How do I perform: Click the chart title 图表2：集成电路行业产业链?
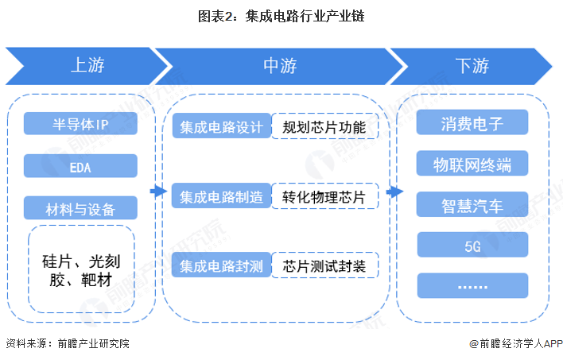282,16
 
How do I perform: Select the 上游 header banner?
83,66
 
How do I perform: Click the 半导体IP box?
80,124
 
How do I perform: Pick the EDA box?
80,167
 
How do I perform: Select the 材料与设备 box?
80,210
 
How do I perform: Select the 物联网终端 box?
472,165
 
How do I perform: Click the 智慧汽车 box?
472,205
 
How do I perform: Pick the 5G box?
472,246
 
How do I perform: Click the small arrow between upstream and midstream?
157,192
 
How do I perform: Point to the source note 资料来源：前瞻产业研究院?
67,344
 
